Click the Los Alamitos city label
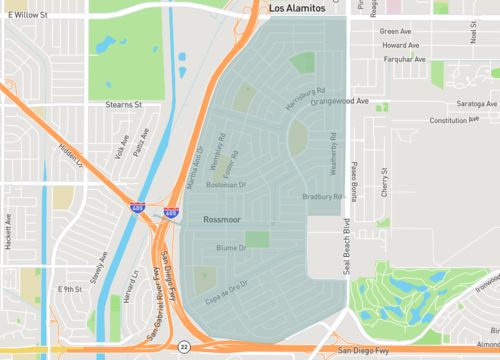pos(298,8)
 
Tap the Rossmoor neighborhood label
pos(223,217)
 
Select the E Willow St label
pos(26,16)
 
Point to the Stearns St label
pos(124,103)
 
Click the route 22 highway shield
pos(184,346)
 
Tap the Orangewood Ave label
pos(339,101)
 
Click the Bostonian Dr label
pos(225,185)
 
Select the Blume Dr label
pos(231,247)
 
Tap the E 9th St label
pos(69,289)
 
